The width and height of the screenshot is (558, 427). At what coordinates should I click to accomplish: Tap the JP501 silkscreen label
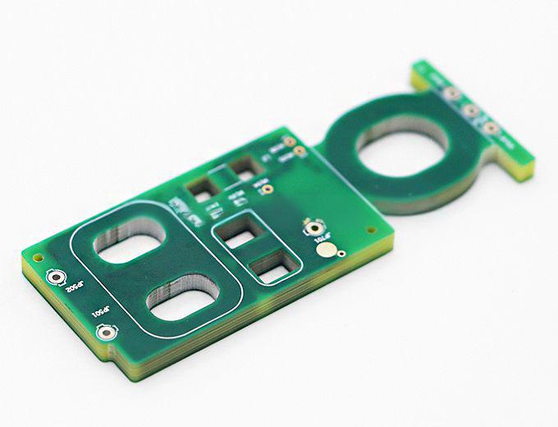click(99, 315)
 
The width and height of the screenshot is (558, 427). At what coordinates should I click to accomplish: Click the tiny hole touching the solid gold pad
click(341, 254)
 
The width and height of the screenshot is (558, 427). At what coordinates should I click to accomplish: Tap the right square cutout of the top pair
click(243, 170)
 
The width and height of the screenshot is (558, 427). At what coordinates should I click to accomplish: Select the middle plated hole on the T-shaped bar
click(471, 111)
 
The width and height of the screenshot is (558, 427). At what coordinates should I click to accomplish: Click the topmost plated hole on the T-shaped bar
click(451, 94)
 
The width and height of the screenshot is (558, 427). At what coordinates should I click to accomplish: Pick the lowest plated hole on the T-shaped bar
click(491, 128)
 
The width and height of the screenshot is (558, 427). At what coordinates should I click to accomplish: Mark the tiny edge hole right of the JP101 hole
click(370, 230)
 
